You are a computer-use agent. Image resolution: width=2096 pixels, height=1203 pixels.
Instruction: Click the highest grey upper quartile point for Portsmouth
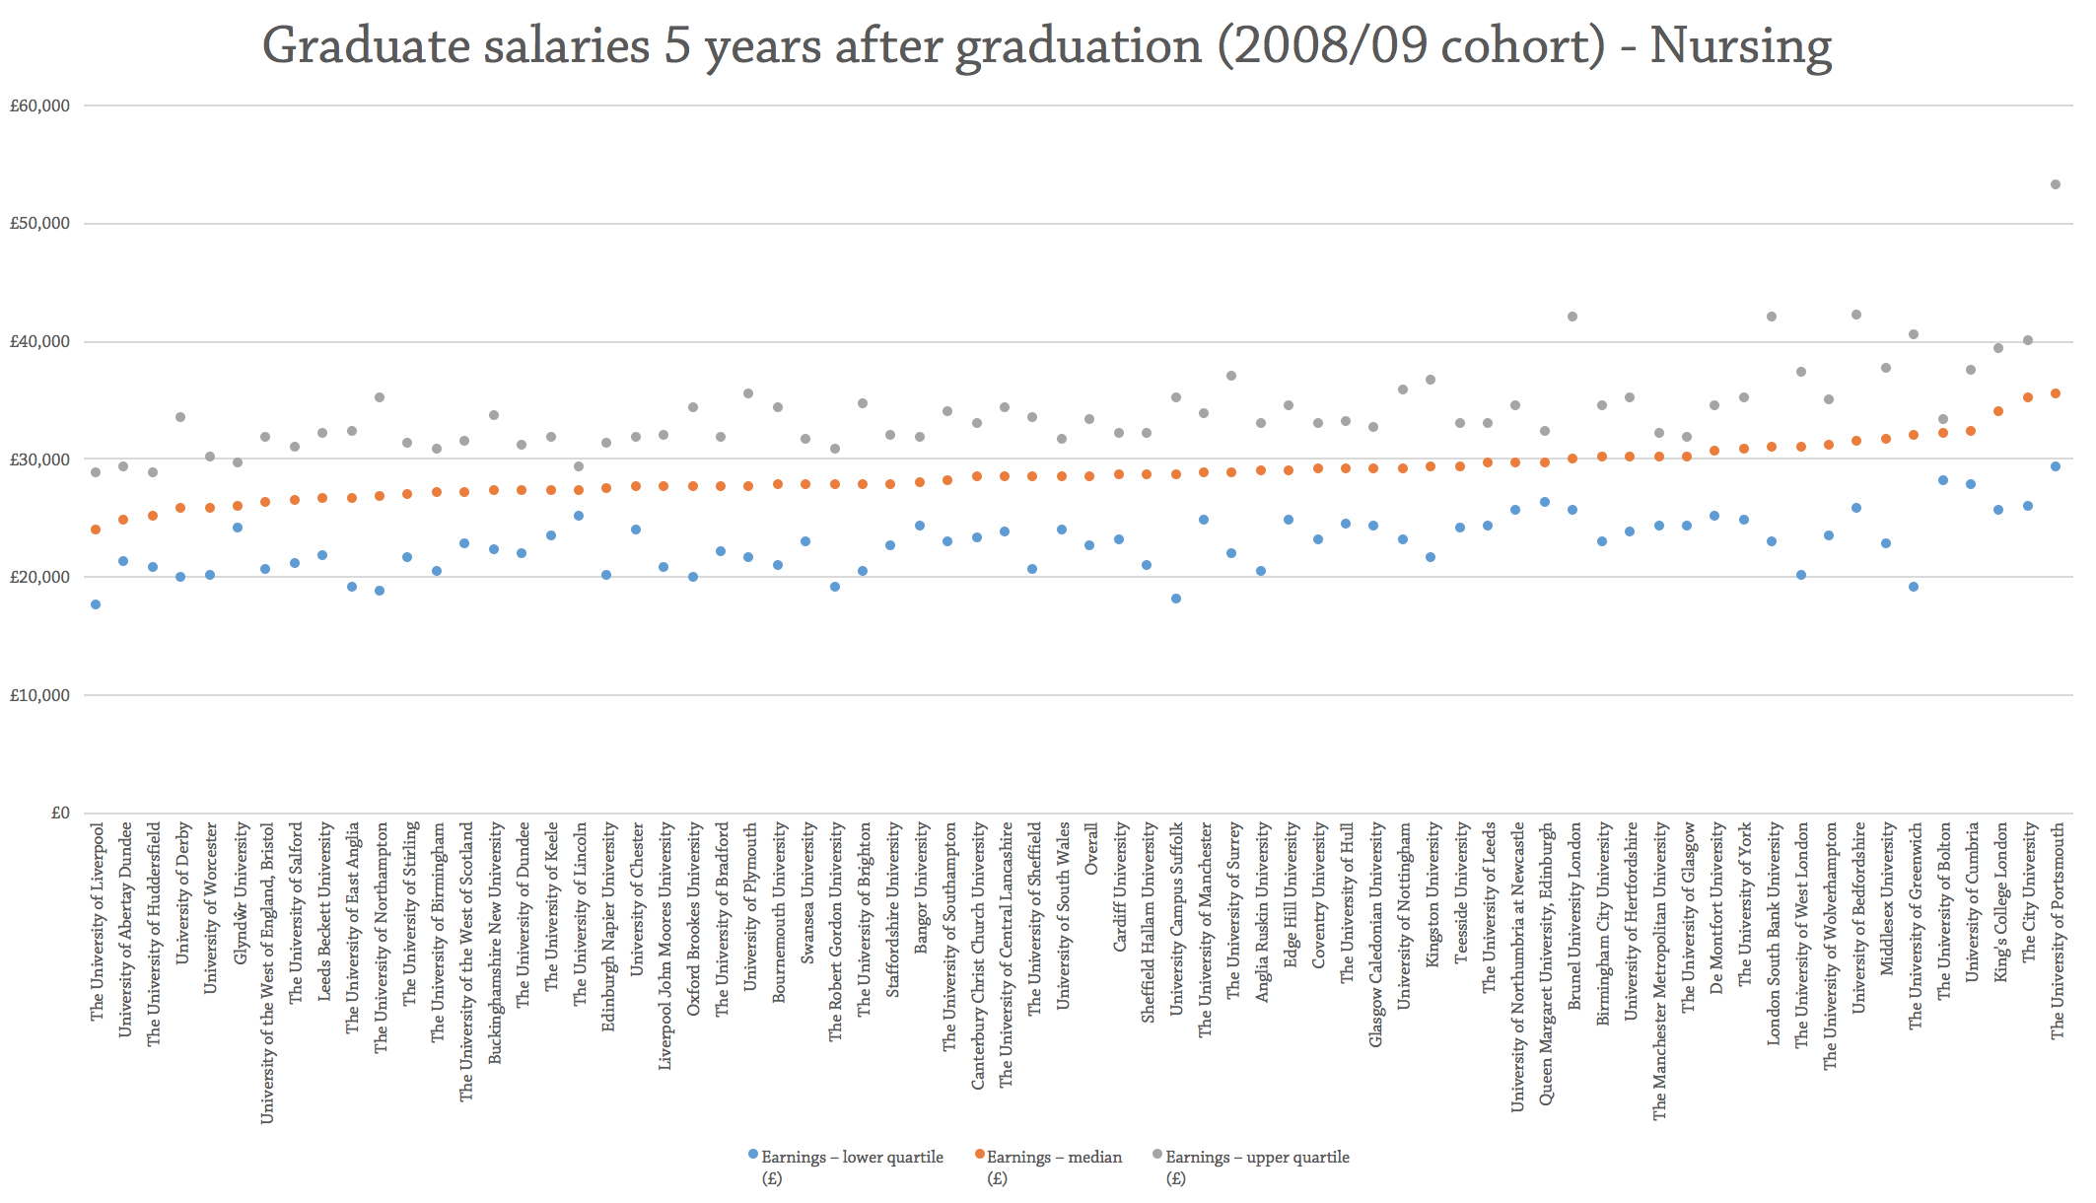(2056, 184)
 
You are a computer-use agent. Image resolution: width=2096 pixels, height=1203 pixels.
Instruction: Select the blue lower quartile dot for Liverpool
(96, 604)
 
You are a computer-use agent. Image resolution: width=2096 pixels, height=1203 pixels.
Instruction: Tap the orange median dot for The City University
(2028, 397)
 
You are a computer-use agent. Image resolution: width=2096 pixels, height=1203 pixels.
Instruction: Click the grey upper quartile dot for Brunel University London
(1572, 317)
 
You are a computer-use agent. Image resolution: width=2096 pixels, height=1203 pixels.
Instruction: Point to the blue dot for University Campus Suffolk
(1176, 599)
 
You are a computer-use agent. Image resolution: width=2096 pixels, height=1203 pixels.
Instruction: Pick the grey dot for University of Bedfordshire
(1856, 315)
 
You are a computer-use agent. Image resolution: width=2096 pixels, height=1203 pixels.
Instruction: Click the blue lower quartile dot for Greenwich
(1914, 587)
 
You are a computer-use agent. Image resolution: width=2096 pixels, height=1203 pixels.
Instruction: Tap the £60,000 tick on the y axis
(39, 106)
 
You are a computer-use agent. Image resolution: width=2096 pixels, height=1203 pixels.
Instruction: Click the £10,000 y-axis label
(39, 695)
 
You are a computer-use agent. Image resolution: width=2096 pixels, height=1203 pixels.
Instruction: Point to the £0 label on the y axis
(60, 813)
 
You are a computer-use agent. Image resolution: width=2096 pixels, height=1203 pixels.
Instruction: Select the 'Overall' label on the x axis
(1091, 849)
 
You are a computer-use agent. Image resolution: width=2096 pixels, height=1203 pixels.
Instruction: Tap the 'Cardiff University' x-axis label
(1120, 887)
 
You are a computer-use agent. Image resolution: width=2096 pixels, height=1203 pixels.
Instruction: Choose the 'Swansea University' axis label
(807, 893)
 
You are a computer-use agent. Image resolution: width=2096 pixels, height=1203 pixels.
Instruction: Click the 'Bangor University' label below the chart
(921, 888)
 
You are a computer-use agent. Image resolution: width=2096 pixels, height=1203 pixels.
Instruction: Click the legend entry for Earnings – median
(1054, 1157)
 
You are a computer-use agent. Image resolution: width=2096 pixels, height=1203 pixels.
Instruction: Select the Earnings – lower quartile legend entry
(851, 1157)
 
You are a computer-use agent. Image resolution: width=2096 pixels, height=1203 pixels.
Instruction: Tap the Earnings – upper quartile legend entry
(1256, 1157)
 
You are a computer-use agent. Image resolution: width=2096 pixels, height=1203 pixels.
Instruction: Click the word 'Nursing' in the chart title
(1740, 45)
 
